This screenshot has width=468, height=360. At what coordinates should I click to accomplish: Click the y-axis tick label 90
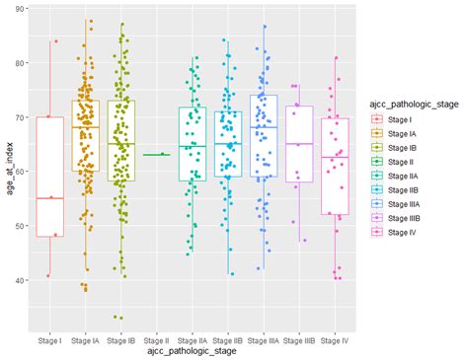(21, 9)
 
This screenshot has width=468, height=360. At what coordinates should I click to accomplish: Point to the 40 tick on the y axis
(21, 280)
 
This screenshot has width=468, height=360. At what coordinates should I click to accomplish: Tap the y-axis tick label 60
(21, 172)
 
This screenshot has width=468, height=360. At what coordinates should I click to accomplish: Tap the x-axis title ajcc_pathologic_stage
(191, 351)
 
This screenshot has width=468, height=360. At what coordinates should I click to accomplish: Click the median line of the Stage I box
(49, 198)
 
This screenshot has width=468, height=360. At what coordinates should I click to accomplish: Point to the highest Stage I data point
(56, 41)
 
